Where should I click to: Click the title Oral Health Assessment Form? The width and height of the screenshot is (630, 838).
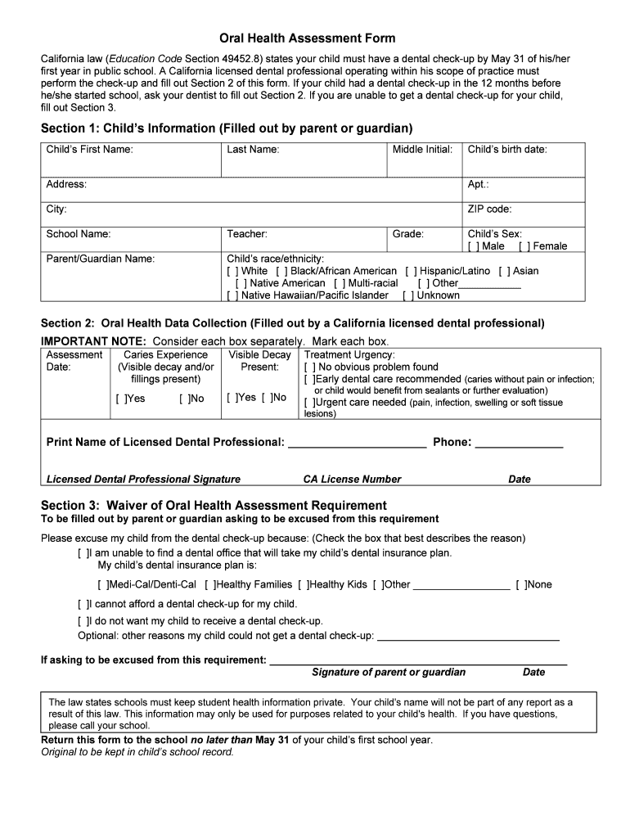307,38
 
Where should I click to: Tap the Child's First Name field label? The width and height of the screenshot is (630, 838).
89,150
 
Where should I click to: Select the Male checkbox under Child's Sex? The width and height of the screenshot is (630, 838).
473,246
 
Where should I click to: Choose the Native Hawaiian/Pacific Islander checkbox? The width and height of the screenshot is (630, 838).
232,295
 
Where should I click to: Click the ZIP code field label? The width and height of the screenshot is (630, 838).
489,209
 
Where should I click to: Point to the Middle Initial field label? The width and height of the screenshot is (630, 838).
421,150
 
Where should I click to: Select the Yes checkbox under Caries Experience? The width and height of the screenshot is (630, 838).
120,399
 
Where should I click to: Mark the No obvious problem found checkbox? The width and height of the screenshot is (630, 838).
309,367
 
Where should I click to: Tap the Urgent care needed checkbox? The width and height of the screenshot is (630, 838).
309,403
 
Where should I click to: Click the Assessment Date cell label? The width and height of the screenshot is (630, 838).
74,361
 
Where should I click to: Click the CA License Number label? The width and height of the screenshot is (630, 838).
352,480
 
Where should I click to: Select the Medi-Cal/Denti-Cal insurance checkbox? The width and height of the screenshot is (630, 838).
101,585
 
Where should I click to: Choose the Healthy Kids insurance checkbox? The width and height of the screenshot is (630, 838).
304,585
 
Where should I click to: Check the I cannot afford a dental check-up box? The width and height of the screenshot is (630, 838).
82,605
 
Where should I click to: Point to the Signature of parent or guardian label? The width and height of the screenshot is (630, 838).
388,673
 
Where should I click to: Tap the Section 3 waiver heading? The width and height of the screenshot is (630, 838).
214,505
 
